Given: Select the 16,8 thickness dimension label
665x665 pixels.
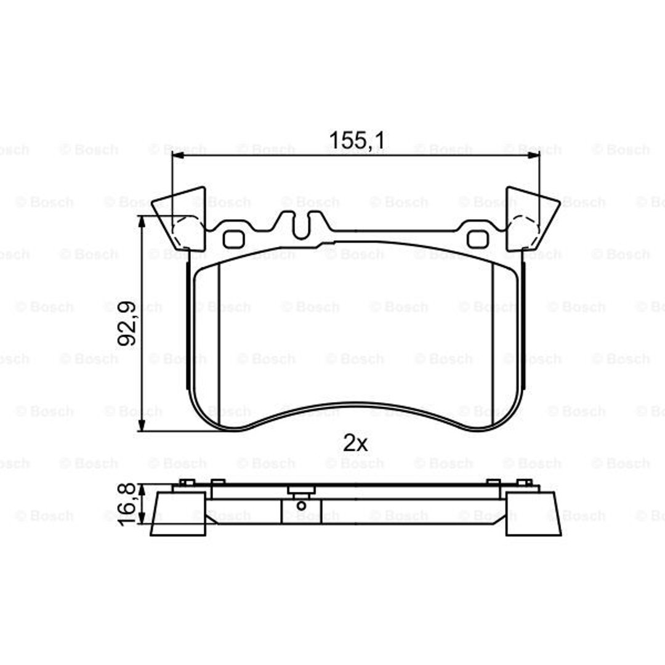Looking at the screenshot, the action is point(126,504).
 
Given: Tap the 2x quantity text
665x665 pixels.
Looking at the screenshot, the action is point(355,443).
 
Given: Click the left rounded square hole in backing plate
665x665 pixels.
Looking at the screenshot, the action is point(234,239).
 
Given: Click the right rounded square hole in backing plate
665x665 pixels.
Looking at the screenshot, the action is point(478,239).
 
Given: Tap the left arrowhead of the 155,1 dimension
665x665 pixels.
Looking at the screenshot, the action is point(178,156).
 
